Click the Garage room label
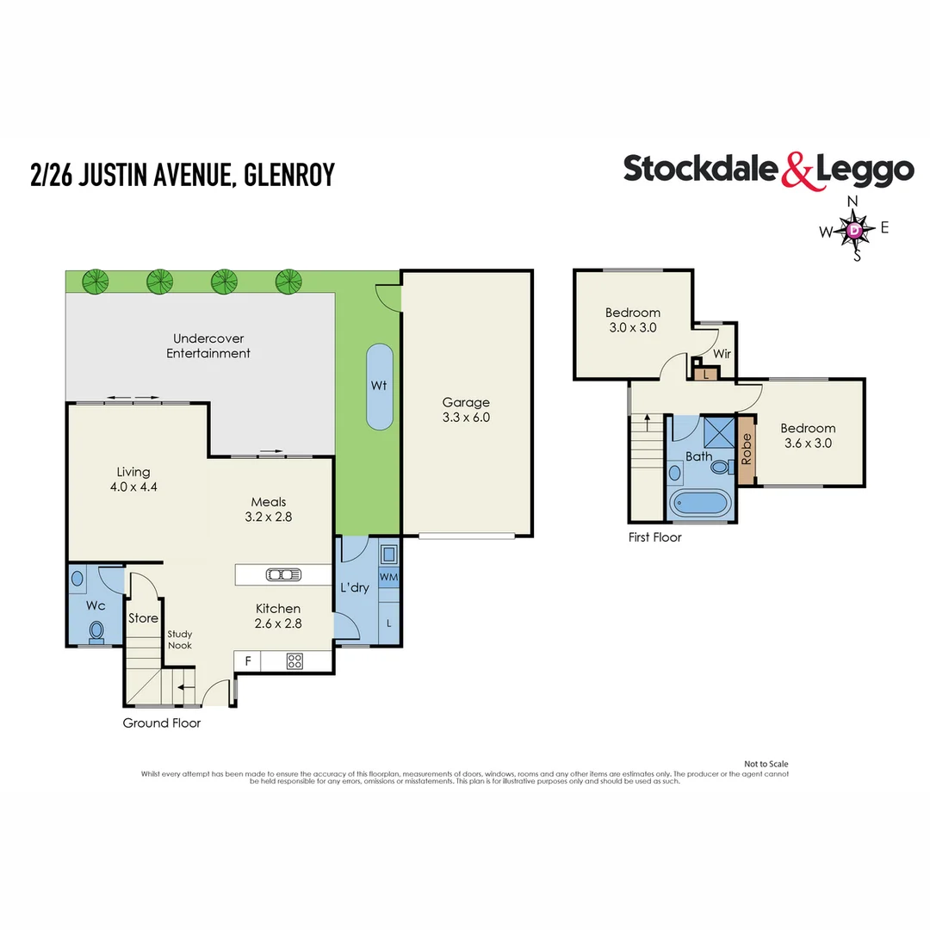(466, 403)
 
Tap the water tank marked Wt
(380, 387)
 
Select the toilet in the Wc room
(96, 632)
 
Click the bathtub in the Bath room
(699, 504)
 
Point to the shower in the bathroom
(719, 431)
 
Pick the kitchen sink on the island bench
(283, 574)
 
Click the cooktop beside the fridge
(294, 661)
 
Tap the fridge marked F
(248, 660)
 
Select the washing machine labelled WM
(389, 577)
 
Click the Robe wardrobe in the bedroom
(746, 449)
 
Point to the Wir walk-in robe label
(722, 354)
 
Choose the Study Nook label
(180, 639)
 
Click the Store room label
(144, 618)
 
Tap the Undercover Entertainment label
(208, 346)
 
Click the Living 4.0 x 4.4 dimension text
(133, 487)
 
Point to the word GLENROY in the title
(289, 175)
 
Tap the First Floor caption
(654, 537)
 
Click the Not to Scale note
(766, 764)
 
